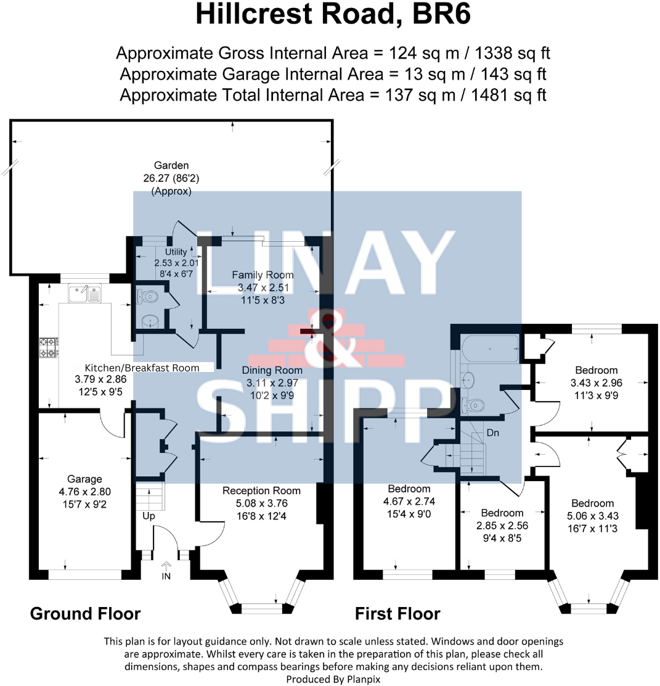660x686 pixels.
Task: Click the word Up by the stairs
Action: point(149,514)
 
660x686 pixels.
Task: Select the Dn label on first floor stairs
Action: point(492,433)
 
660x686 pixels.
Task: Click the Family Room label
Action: point(263,275)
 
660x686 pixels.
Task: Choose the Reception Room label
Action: point(261,490)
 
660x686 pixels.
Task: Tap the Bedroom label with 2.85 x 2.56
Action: point(502,513)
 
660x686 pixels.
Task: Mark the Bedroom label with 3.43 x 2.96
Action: point(596,370)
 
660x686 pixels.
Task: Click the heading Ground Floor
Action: point(85,613)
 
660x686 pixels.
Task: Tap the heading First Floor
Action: point(397,613)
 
